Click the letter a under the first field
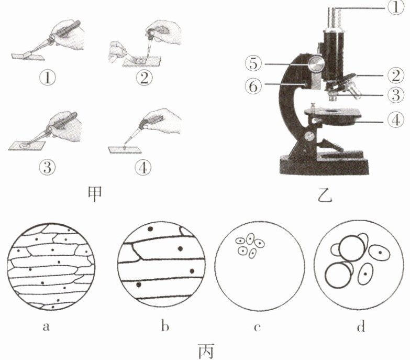pyautogui.click(x=46, y=328)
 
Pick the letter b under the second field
pyautogui.click(x=164, y=328)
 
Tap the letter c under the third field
pyautogui.click(x=258, y=328)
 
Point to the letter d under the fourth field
pyautogui.click(x=360, y=328)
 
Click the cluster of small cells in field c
pyautogui.click(x=249, y=246)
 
